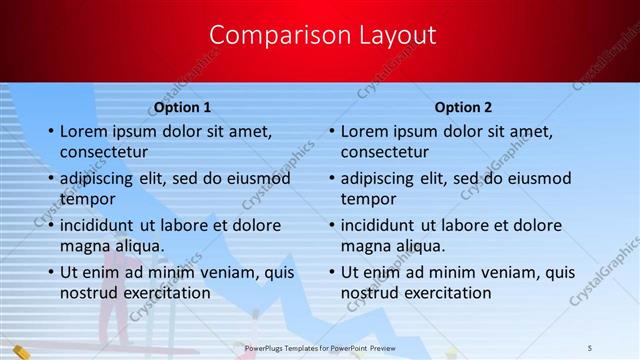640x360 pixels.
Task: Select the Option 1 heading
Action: (x=182, y=106)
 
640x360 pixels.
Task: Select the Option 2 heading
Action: (x=463, y=106)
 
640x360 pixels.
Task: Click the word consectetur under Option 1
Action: (x=104, y=153)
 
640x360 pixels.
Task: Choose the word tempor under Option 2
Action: (x=368, y=199)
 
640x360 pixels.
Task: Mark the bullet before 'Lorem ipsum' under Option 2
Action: (x=332, y=132)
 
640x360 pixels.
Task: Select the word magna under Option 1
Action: (x=84, y=246)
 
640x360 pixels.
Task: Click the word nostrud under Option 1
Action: (x=89, y=293)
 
